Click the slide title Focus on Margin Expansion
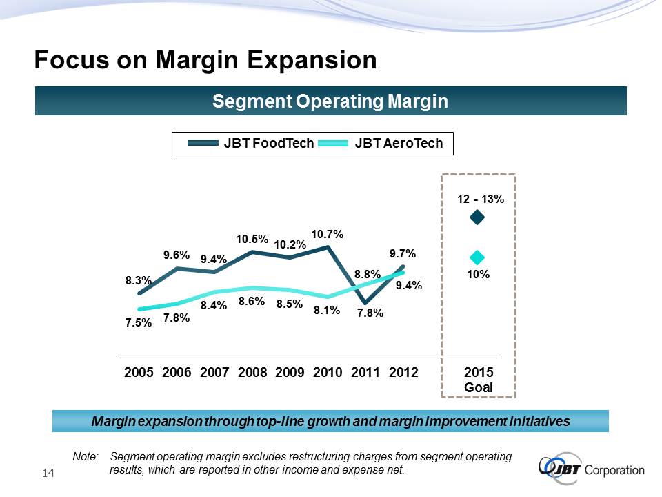[x=205, y=61]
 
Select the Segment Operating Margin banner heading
[x=330, y=101]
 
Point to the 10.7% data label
[x=328, y=235]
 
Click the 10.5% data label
[x=252, y=240]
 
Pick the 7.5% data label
[x=139, y=322]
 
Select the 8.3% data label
[x=139, y=281]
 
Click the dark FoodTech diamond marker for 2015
[x=477, y=218]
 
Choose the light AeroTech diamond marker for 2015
[x=477, y=257]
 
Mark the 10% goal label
[x=477, y=275]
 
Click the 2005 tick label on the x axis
[x=139, y=373]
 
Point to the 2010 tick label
[x=328, y=373]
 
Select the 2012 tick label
[x=403, y=373]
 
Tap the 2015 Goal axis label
[x=478, y=380]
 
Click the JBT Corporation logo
[x=592, y=469]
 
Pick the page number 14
[x=48, y=473]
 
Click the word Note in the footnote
[x=86, y=457]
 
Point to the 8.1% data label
[x=327, y=311]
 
